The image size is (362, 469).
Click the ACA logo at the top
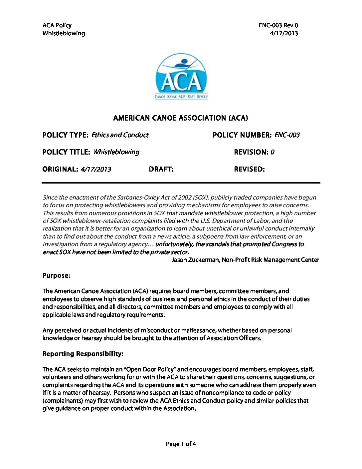click(x=181, y=76)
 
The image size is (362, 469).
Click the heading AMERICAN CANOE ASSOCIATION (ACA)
click(x=181, y=118)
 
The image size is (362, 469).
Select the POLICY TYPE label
click(x=65, y=135)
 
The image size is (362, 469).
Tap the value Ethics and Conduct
click(x=120, y=135)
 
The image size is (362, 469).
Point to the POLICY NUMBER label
click(x=242, y=135)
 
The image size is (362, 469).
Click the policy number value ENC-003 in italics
click(x=287, y=135)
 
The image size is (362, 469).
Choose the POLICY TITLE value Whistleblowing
click(x=116, y=152)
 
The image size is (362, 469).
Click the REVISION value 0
click(x=272, y=152)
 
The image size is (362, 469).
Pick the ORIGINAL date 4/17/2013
click(x=96, y=169)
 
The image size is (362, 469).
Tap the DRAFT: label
click(x=161, y=169)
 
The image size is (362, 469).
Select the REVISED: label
click(x=249, y=169)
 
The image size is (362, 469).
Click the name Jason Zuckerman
click(x=195, y=260)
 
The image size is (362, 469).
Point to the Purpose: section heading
click(x=56, y=276)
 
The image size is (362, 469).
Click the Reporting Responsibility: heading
click(x=83, y=354)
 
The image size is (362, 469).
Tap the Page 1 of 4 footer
click(x=181, y=444)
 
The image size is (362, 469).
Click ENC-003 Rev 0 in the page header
click(x=278, y=25)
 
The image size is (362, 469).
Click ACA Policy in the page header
click(x=57, y=25)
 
